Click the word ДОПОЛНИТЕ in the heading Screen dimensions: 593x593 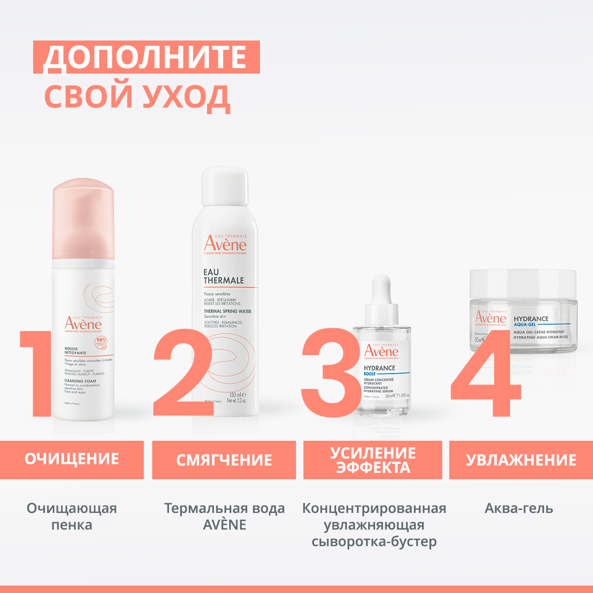[x=145, y=57]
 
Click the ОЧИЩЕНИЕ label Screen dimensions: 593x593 [x=72, y=459]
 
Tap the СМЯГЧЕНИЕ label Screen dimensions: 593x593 [x=224, y=460]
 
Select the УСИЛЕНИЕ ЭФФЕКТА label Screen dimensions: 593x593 [x=373, y=460]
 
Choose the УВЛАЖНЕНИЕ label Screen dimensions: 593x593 [x=521, y=460]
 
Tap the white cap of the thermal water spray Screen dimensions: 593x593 [x=225, y=185]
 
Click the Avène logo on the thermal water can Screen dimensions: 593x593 [x=225, y=245]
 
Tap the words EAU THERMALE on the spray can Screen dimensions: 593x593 [x=223, y=276]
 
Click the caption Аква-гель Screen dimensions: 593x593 [x=519, y=508]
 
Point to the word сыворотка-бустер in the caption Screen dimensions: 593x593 [x=374, y=541]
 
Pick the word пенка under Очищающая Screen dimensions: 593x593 [x=72, y=525]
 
